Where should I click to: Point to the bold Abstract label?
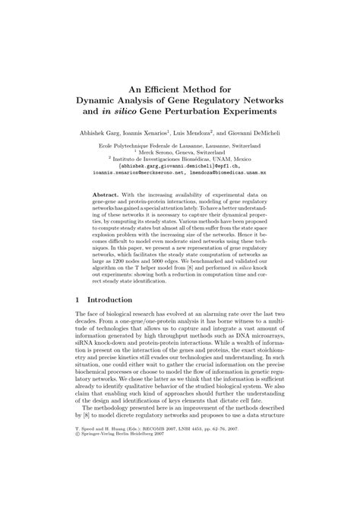coord(106,195)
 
